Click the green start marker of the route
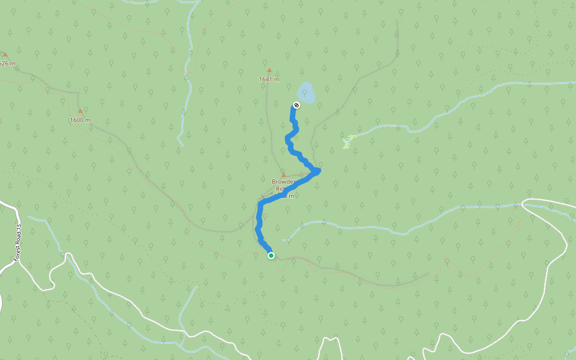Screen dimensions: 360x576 pos(271,256)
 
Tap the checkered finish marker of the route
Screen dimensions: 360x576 pos(296,106)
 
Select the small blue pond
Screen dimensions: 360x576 pos(306,93)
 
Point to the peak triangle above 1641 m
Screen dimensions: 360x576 pos(269,70)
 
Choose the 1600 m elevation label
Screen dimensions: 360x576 pos(80,120)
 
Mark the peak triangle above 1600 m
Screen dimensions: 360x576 pos(80,111)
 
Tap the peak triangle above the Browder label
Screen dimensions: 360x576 pos(284,175)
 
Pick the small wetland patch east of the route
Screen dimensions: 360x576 pos(347,142)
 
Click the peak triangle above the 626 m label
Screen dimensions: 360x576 pos(5,55)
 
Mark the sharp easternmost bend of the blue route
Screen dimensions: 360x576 pos(317,171)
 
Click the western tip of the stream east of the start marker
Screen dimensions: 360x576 pos(287,239)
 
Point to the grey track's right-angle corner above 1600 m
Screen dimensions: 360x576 pos(79,93)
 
